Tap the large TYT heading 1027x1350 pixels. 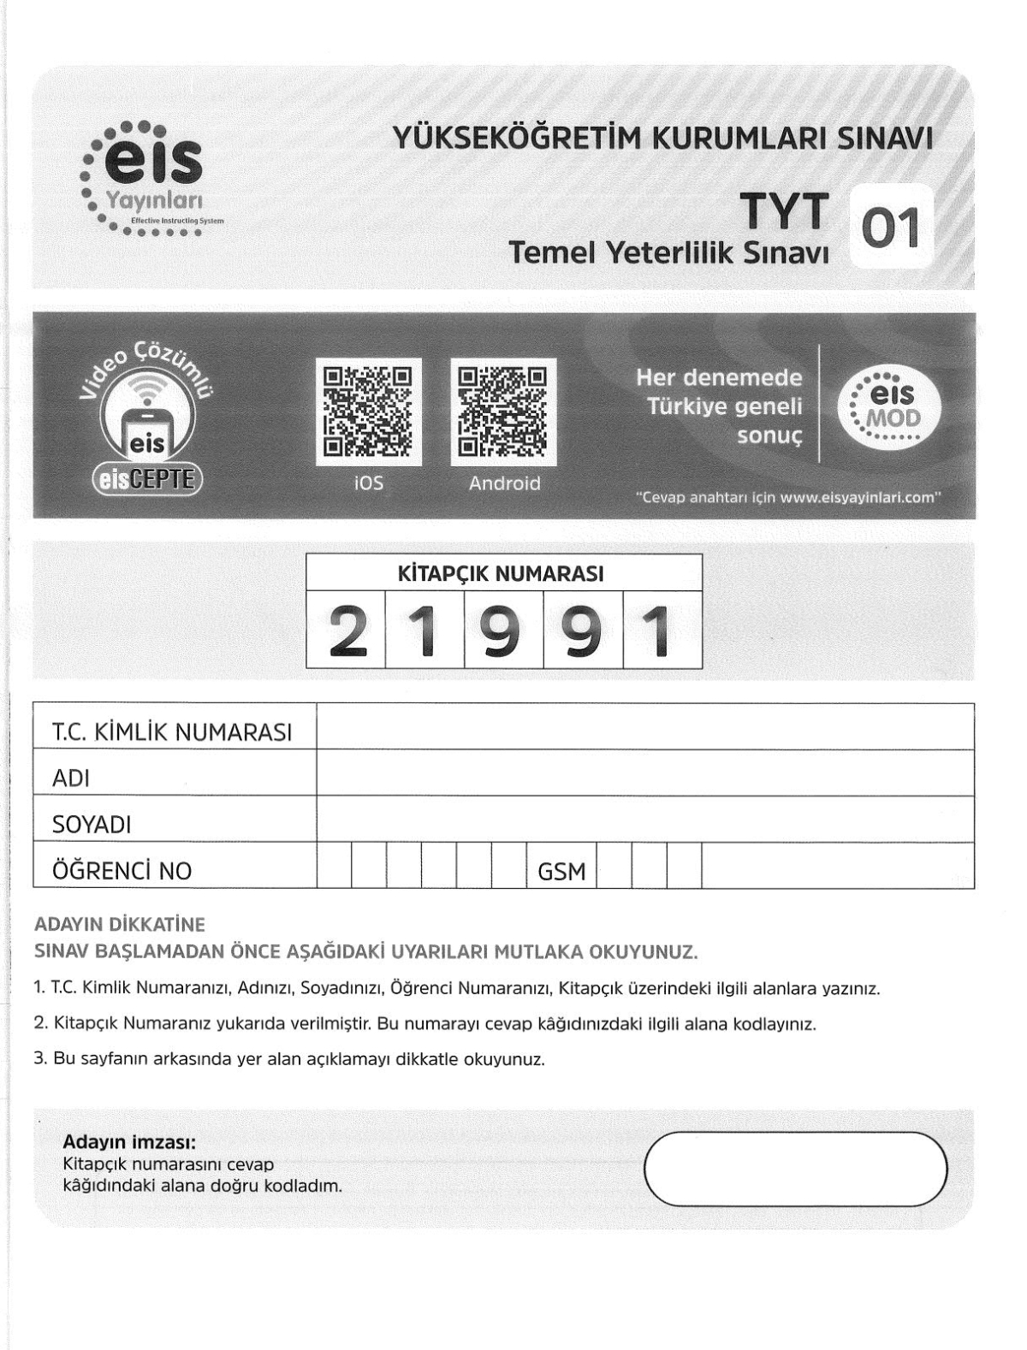point(784,211)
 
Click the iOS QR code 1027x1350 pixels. point(369,412)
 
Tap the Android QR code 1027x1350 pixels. point(503,412)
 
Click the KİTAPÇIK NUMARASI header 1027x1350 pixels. point(503,573)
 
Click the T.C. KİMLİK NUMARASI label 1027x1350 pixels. point(172,732)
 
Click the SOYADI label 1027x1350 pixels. point(92,825)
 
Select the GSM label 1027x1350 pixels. point(561,871)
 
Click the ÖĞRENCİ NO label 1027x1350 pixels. point(122,871)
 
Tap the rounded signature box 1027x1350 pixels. point(795,1169)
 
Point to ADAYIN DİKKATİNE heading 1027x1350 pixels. point(120,925)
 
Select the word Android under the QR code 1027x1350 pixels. point(504,483)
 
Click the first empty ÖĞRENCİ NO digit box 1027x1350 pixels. point(334,866)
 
